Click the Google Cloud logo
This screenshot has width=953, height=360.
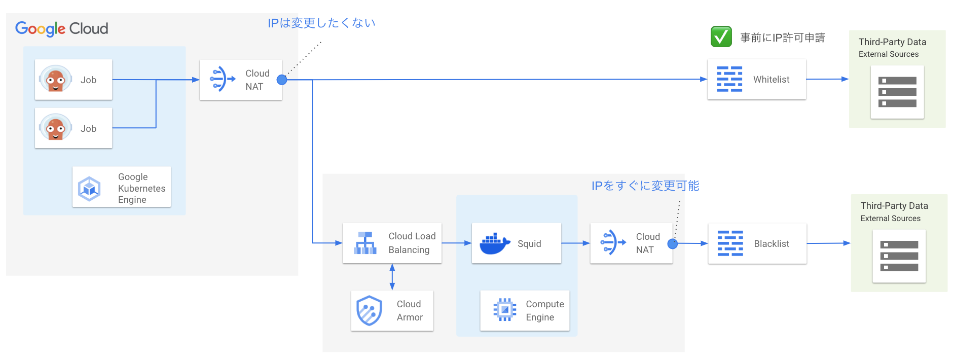pos(61,28)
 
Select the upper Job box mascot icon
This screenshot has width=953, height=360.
pos(55,79)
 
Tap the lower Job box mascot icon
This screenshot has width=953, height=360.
pos(55,128)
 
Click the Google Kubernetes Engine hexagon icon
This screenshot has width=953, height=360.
pos(89,189)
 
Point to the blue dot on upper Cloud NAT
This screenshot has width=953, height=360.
pos(282,80)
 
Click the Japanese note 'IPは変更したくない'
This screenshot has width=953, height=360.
pos(321,23)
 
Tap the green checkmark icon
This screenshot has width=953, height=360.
pos(721,37)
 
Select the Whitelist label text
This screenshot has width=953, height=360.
pos(771,80)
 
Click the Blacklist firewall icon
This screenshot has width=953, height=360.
pos(730,243)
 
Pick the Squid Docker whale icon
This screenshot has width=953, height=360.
pos(494,244)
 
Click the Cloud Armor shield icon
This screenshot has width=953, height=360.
pos(369,310)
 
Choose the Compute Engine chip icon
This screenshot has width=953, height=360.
pos(504,310)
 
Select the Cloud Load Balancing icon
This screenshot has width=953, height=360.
pos(365,243)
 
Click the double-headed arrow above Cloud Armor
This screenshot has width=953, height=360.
pos(392,277)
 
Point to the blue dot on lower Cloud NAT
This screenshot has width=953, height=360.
pos(673,244)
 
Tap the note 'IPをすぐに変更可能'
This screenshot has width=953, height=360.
pos(645,186)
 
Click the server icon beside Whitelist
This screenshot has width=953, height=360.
pos(897,92)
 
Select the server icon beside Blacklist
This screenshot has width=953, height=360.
pos(899,256)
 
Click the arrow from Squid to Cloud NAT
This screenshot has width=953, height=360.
pos(575,243)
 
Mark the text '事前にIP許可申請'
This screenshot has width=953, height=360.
pos(782,38)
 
